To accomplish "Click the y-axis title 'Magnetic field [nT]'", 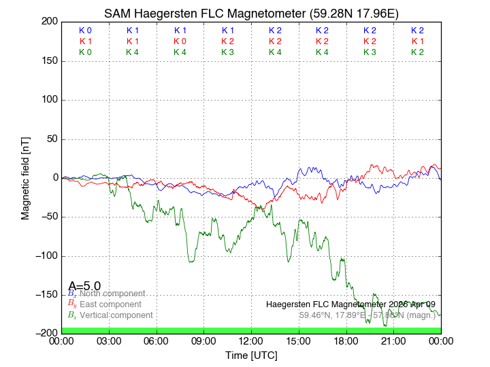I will pyautogui.click(x=26, y=177).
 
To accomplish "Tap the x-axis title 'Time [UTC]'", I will pyautogui.click(x=251, y=355).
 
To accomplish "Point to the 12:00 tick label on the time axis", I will pyautogui.click(x=251, y=340).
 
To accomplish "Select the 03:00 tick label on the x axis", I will pyautogui.click(x=110, y=340).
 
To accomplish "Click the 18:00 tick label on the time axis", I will pyautogui.click(x=346, y=340).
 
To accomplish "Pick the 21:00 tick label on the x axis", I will pyautogui.click(x=393, y=340).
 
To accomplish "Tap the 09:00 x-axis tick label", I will pyautogui.click(x=204, y=340).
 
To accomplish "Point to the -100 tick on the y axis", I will pyautogui.click(x=45, y=256).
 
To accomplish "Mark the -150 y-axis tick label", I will pyautogui.click(x=45, y=295).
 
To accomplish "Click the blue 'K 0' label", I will pyautogui.click(x=85, y=31).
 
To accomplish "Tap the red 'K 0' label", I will pyautogui.click(x=180, y=41).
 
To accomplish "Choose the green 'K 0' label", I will pyautogui.click(x=85, y=52).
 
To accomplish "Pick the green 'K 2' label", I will pyautogui.click(x=417, y=52).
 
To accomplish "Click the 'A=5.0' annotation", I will pyautogui.click(x=84, y=286).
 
